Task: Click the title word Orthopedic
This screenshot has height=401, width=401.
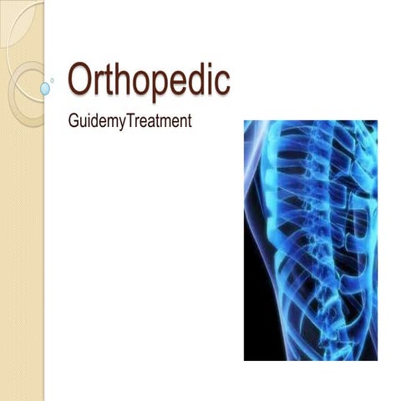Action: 148,81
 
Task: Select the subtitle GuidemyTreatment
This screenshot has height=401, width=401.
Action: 129,121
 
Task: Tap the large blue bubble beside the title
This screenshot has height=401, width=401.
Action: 45,87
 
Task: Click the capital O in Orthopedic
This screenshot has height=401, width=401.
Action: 80,79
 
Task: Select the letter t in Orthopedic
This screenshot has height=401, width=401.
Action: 106,81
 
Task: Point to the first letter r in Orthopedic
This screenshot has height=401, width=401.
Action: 97,84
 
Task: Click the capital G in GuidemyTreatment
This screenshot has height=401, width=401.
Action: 73,121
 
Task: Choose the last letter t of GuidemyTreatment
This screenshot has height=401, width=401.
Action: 190,122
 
